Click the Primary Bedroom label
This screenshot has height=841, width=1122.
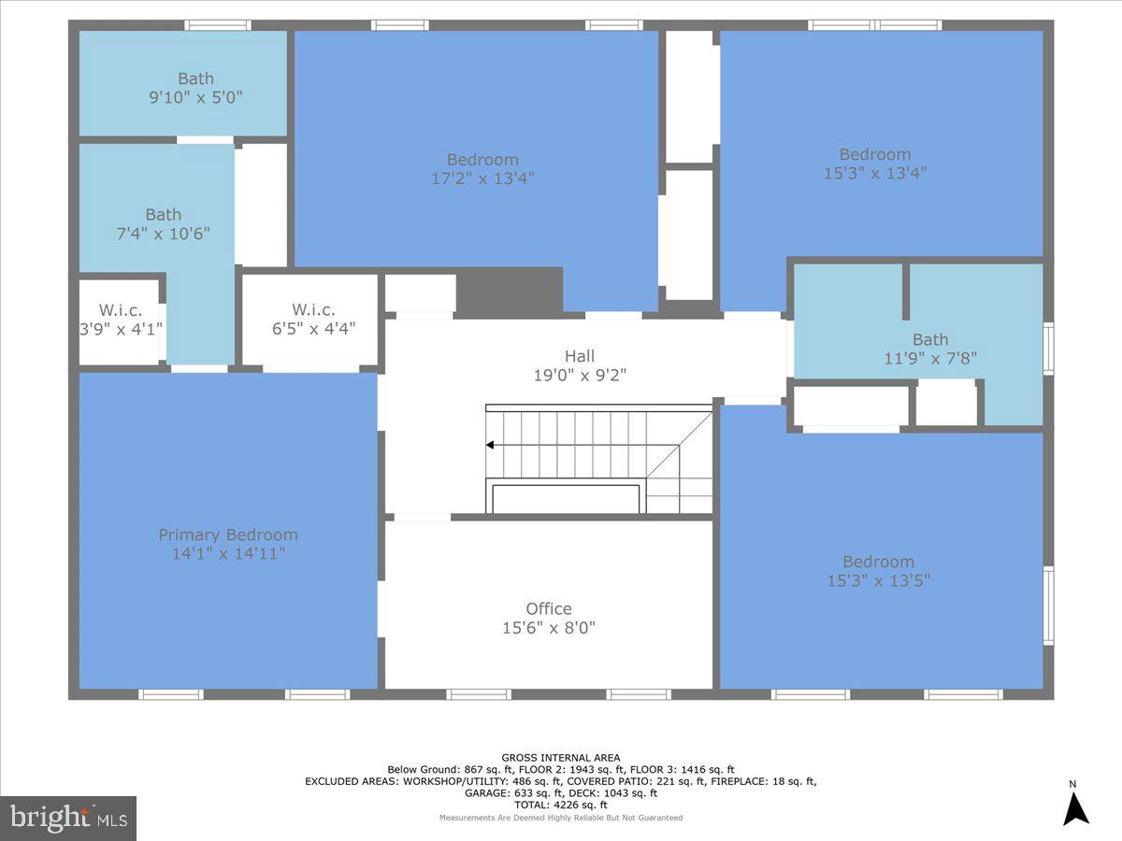228,535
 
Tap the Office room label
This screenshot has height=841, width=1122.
548,608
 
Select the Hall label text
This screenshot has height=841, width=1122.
579,356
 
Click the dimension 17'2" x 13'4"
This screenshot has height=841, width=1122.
482,178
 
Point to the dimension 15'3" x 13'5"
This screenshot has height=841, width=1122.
878,580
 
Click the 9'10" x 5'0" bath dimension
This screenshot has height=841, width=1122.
195,97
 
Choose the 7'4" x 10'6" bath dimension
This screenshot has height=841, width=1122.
163,233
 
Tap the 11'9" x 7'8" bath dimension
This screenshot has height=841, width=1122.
930,358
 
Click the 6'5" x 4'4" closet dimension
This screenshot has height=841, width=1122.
313,328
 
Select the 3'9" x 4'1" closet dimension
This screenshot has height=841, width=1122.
121,328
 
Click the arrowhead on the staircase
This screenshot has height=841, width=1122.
490,446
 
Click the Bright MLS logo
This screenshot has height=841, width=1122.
68,819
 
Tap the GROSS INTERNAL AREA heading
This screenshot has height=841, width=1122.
561,758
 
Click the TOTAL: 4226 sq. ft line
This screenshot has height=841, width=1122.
561,805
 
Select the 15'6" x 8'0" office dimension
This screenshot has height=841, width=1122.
548,628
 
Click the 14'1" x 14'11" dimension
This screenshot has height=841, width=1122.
228,553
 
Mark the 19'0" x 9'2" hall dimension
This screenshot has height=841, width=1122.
579,376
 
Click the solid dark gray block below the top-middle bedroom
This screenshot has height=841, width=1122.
510,291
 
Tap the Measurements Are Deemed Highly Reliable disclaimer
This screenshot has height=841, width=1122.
561,818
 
